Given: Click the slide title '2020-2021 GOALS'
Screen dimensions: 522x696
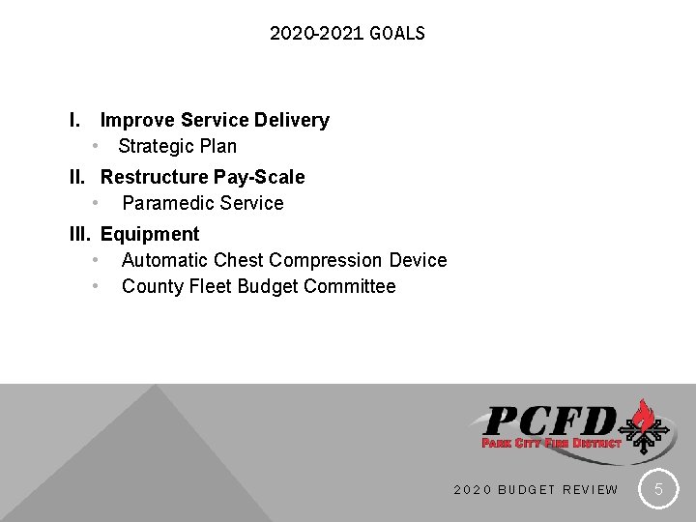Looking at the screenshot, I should coord(347,34).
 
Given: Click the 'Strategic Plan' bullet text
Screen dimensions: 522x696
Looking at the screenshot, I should coord(177,147).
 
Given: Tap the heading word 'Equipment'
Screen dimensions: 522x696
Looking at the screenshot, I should coord(150,234).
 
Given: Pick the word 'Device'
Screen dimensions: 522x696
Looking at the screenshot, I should coord(418,261).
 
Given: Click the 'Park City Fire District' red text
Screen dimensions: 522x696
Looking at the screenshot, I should coord(551,443).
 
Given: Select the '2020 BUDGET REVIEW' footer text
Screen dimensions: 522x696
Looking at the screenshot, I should coord(536,490).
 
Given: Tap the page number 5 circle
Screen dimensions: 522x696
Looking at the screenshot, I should coord(658,489).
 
